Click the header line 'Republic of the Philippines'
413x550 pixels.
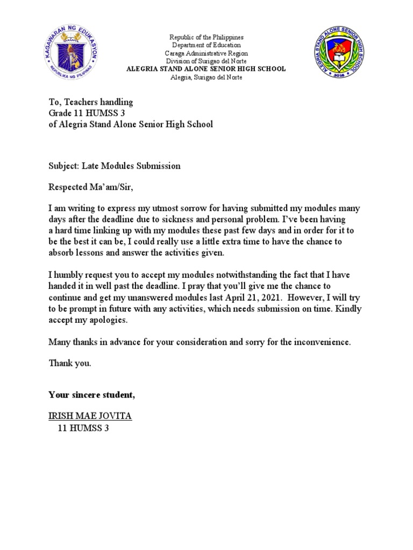(x=206, y=38)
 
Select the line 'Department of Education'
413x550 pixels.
(x=206, y=46)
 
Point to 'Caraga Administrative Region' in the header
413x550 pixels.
(x=206, y=54)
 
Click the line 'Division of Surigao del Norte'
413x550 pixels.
(x=206, y=62)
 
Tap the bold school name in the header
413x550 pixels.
(x=206, y=69)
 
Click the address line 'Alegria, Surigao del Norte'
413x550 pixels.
(x=206, y=77)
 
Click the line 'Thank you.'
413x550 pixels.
(x=70, y=363)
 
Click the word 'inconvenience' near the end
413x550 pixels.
(x=322, y=342)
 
